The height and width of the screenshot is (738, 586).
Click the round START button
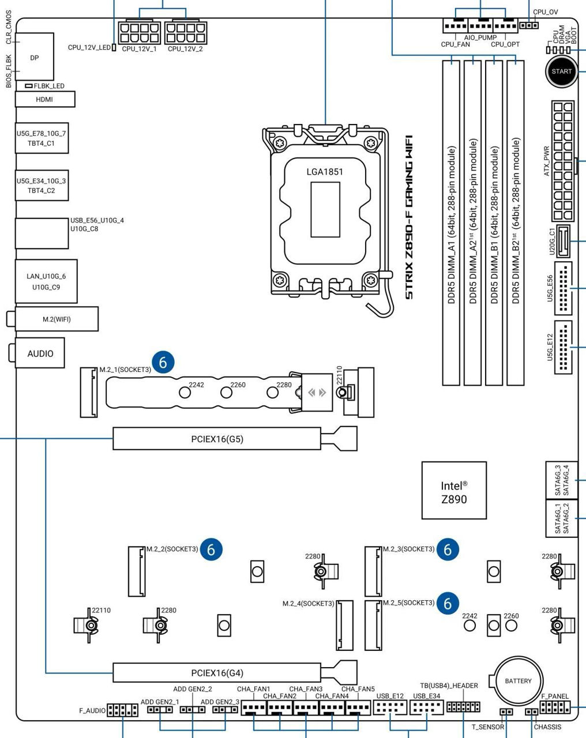[x=562, y=72]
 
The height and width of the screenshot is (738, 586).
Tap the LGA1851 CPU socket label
[x=325, y=172]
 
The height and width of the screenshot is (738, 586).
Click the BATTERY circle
[x=518, y=681]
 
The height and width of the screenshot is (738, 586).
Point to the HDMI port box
[x=44, y=99]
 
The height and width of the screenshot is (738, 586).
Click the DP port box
[x=35, y=58]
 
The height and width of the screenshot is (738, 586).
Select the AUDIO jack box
[x=40, y=353]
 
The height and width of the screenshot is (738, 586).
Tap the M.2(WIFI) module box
[x=57, y=319]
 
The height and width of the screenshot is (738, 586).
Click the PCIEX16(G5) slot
[x=217, y=439]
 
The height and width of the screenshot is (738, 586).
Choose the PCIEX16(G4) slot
[x=217, y=673]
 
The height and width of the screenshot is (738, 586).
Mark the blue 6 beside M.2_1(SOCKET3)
[x=164, y=362]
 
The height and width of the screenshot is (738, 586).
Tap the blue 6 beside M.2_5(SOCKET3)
[x=448, y=603]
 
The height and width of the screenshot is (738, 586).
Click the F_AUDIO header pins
[x=122, y=710]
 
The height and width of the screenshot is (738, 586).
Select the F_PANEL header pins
[x=555, y=707]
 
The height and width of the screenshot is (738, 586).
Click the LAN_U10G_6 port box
[x=46, y=281]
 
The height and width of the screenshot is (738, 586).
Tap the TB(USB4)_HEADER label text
[x=449, y=686]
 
